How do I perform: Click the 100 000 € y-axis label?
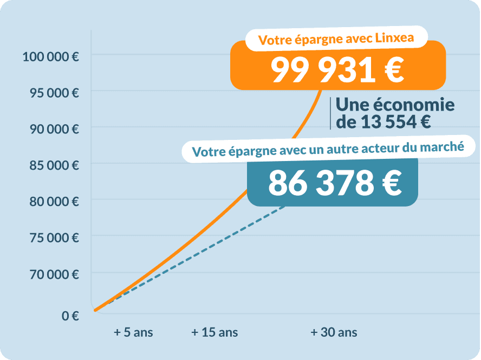click(x=50, y=56)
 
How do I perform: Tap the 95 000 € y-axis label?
click(x=54, y=93)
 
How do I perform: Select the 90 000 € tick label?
click(x=54, y=129)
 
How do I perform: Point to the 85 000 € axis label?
click(x=54, y=165)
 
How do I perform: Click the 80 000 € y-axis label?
click(x=54, y=202)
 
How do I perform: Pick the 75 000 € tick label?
click(x=54, y=238)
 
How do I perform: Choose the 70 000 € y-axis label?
click(x=54, y=274)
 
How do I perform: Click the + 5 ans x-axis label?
click(x=133, y=332)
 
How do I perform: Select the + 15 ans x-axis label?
click(x=214, y=332)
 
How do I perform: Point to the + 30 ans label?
click(x=334, y=332)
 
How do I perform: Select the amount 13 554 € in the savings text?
click(x=395, y=122)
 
